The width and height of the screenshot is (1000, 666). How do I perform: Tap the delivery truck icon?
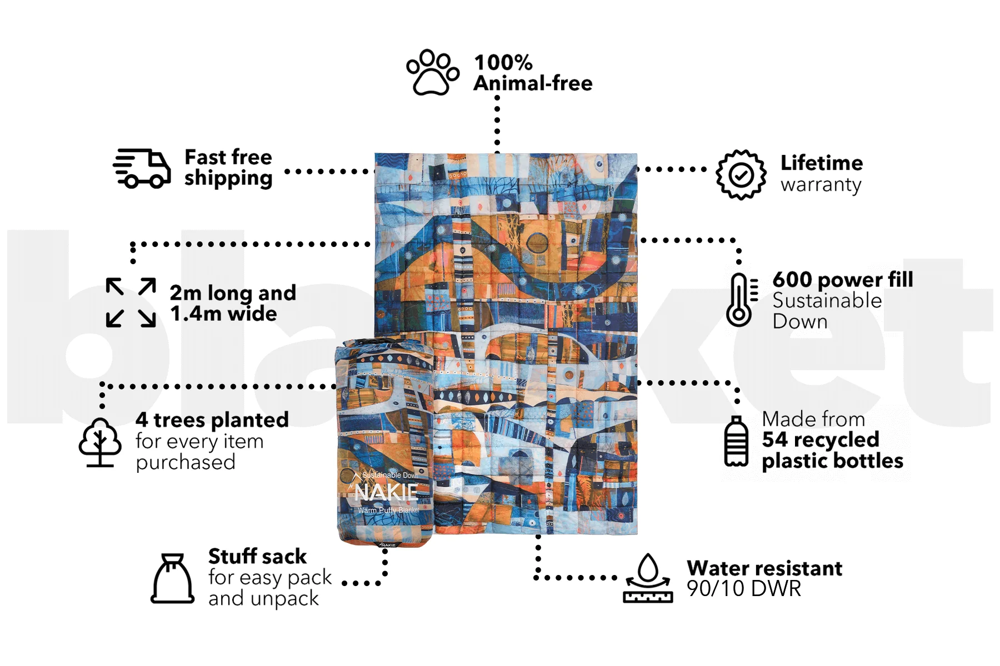point(142,168)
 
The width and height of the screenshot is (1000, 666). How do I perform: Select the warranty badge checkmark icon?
point(741,175)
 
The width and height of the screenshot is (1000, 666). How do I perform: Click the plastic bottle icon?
point(737,442)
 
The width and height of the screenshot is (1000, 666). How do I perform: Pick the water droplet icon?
point(648,578)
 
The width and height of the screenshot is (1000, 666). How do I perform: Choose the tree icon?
point(100,442)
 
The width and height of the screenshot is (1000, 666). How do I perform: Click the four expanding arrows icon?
point(131,302)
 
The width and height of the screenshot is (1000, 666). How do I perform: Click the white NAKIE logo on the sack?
point(386,492)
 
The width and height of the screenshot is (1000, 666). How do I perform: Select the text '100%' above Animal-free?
point(503,62)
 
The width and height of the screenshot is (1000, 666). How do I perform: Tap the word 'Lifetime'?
point(822,163)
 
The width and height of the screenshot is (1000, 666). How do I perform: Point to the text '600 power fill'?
point(843,280)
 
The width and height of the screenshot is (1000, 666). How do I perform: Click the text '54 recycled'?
point(821,440)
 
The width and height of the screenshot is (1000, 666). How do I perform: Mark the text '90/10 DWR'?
point(744,589)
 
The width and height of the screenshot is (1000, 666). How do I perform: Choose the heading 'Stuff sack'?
point(257,556)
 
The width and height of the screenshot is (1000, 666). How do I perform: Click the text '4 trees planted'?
point(212,420)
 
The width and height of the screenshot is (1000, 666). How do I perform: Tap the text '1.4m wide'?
point(223,314)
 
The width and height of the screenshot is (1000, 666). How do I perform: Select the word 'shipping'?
point(228,179)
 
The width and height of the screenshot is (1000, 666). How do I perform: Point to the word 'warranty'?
point(821,185)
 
